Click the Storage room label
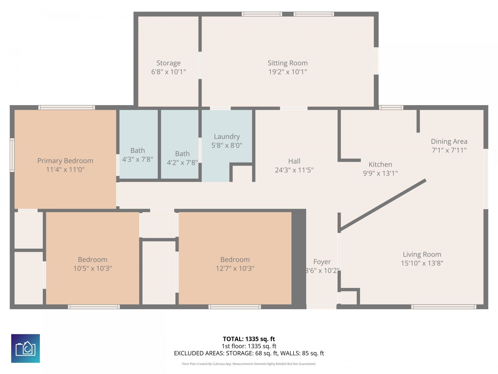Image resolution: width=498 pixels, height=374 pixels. pos(168,63)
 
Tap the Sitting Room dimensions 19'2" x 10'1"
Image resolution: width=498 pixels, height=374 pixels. pos(287,72)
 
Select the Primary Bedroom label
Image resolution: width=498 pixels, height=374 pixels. pos(65,161)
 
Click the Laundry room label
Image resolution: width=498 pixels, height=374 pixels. pos(227,137)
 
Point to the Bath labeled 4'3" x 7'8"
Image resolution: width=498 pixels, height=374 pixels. pos(137,155)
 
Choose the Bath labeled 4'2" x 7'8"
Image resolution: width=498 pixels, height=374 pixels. pos(182,158)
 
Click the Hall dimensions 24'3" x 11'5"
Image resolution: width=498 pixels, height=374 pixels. pos(294,170)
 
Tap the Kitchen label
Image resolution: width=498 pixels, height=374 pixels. pos(380,164)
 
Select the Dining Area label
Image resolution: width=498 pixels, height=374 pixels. pos(449,142)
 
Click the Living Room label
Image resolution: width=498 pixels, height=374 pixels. pos(422,255)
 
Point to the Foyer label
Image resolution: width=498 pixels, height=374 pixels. pos(322,262)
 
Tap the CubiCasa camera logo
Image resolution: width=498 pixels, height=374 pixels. pos(25,348)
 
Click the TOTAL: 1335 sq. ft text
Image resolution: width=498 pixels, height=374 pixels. pos(249,339)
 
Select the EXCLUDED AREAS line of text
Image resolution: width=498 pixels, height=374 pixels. pos(249,353)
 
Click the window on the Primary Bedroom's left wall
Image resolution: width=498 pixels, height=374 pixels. pos(12,155)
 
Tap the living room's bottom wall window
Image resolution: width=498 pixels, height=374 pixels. pos(444,307)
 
